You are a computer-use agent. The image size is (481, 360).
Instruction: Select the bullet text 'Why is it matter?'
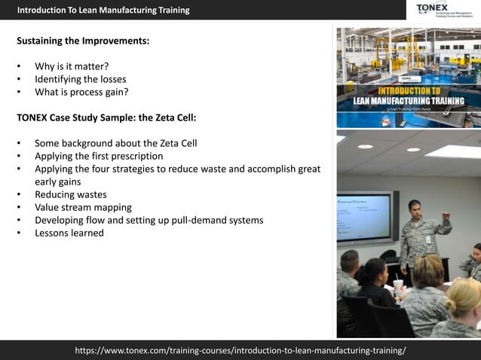tap(72, 66)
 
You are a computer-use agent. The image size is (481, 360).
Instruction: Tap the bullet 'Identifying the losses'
tap(80, 79)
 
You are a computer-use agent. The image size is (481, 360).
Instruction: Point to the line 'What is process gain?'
tap(81, 92)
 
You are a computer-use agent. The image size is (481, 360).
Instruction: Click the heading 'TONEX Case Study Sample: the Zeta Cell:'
tap(106, 117)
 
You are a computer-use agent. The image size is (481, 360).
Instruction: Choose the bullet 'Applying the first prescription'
tap(99, 156)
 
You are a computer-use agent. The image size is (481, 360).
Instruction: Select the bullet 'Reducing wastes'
tap(71, 194)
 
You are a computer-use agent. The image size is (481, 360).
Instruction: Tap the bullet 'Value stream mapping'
tap(83, 207)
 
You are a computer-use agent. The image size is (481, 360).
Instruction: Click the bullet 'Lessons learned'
tap(69, 233)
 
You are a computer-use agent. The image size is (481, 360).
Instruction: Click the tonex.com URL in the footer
tap(240, 350)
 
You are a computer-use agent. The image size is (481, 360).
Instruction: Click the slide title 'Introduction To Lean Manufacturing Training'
tap(103, 10)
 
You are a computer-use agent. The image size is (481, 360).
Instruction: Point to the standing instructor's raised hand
tap(447, 216)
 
